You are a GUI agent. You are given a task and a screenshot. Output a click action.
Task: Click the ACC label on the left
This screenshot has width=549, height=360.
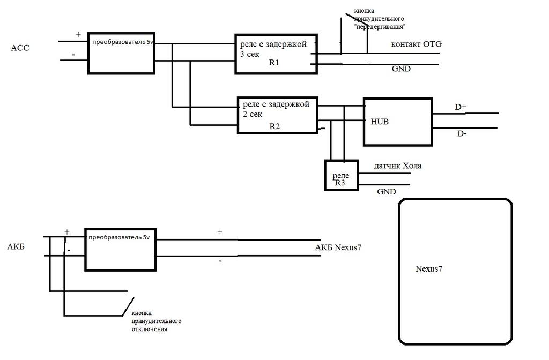[20, 48]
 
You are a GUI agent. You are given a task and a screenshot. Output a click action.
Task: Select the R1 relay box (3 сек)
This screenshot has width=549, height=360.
[276, 54]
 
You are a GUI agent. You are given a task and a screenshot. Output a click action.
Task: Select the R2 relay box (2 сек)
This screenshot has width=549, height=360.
[278, 115]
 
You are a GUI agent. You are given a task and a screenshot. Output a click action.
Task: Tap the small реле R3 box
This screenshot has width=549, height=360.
[341, 175]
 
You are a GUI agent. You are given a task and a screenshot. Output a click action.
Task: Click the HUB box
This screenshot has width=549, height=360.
[397, 122]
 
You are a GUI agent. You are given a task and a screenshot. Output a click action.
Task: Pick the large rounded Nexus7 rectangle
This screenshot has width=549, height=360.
[455, 272]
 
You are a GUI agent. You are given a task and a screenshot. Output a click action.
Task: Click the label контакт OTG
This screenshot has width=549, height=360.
[417, 44]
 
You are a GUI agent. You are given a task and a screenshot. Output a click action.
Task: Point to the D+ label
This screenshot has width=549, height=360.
[461, 107]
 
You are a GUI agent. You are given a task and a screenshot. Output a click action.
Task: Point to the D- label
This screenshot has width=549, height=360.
[461, 133]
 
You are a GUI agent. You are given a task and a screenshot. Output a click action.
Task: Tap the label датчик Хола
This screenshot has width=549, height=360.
[398, 166]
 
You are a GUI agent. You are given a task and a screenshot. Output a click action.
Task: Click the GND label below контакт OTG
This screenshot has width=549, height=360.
[401, 69]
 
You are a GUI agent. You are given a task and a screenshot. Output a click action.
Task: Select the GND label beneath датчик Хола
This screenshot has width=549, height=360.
[386, 192]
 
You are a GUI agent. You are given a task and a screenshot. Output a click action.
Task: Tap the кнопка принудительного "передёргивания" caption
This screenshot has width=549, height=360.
[379, 19]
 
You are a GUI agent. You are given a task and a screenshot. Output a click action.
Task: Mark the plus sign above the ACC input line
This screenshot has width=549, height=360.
[78, 34]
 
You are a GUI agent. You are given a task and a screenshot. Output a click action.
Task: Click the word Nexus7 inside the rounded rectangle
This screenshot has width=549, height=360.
[429, 269]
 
